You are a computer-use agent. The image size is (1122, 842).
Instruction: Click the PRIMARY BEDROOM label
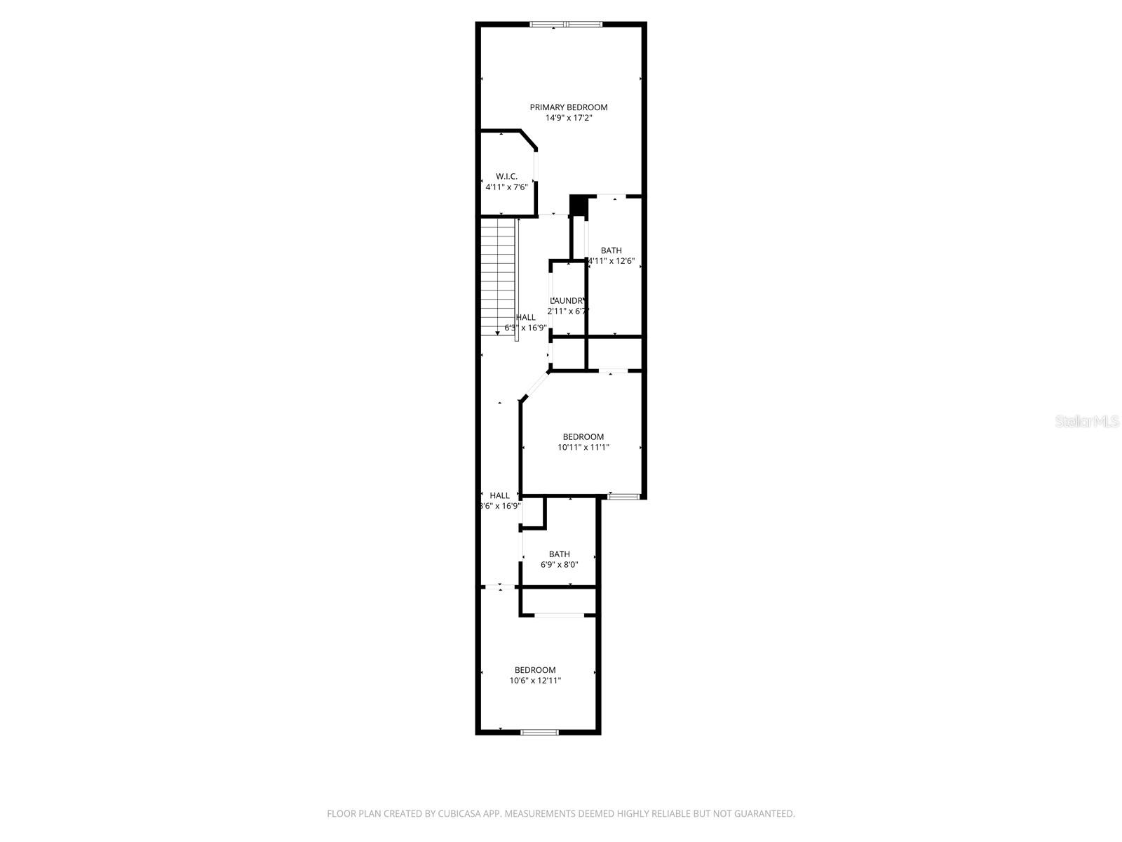click(x=568, y=107)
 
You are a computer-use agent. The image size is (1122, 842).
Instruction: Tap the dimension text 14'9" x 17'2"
click(x=568, y=118)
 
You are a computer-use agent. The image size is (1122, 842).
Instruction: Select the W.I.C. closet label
click(x=506, y=176)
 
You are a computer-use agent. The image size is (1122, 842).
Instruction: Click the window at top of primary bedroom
click(x=565, y=25)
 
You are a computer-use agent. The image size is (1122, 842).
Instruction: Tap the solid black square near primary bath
click(x=579, y=206)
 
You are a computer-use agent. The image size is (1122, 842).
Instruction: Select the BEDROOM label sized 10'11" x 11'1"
click(x=583, y=436)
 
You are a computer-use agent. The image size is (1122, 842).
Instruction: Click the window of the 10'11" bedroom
click(x=623, y=497)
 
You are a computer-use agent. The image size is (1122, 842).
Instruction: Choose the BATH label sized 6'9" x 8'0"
click(x=559, y=554)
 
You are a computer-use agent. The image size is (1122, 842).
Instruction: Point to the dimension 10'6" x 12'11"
click(x=535, y=681)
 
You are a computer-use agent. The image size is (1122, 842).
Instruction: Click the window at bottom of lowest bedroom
click(x=539, y=732)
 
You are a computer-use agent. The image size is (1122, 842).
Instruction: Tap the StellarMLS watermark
click(x=1087, y=422)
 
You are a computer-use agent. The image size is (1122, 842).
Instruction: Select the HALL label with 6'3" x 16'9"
click(x=525, y=317)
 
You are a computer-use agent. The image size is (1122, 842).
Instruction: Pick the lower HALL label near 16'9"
click(x=499, y=495)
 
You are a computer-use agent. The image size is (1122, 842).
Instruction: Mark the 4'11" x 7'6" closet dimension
click(x=506, y=187)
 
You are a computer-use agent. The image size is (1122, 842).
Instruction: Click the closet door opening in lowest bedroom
click(x=559, y=615)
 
